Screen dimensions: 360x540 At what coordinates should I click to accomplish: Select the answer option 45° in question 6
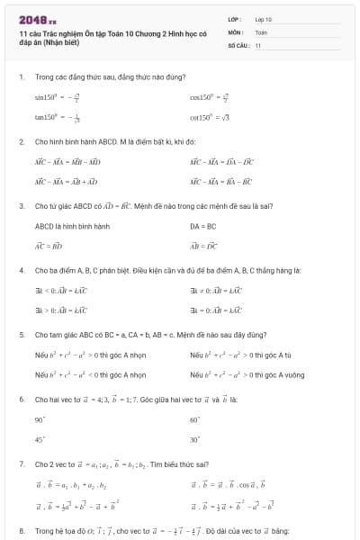tap(40, 439)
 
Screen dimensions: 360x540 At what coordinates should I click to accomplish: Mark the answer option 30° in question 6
tap(194, 439)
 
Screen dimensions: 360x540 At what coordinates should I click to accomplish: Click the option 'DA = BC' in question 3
tap(203, 225)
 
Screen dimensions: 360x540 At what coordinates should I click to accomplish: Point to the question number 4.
tap(21, 270)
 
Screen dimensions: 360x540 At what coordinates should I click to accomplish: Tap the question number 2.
tap(21, 141)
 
